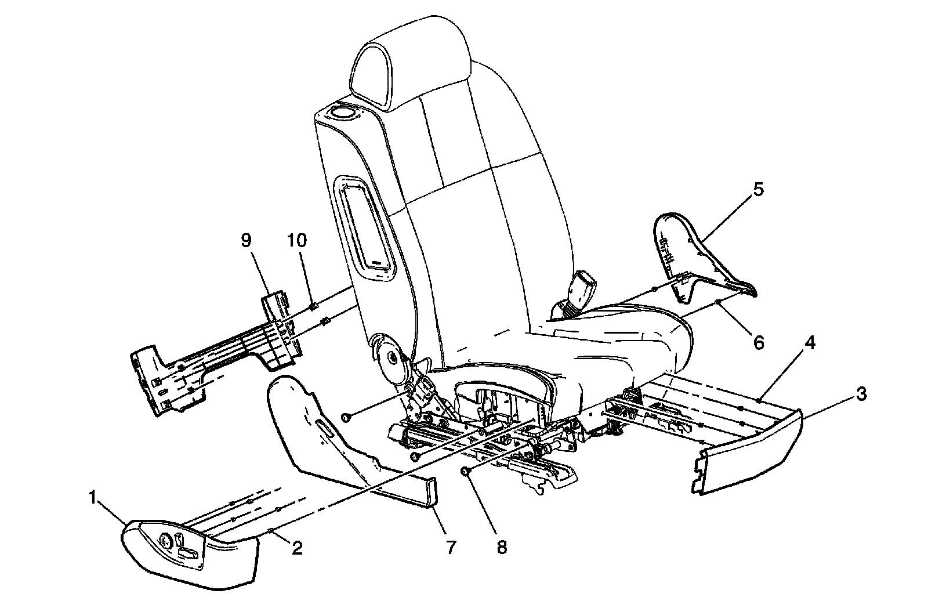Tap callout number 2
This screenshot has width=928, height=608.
coord(296,547)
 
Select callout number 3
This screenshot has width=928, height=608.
coord(861,395)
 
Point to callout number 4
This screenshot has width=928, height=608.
coord(810,343)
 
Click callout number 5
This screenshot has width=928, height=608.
coord(759,190)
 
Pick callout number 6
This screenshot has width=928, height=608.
coord(759,343)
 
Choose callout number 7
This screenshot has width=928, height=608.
coord(451,547)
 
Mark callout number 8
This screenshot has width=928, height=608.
coord(501,547)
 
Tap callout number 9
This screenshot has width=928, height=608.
coord(246,240)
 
